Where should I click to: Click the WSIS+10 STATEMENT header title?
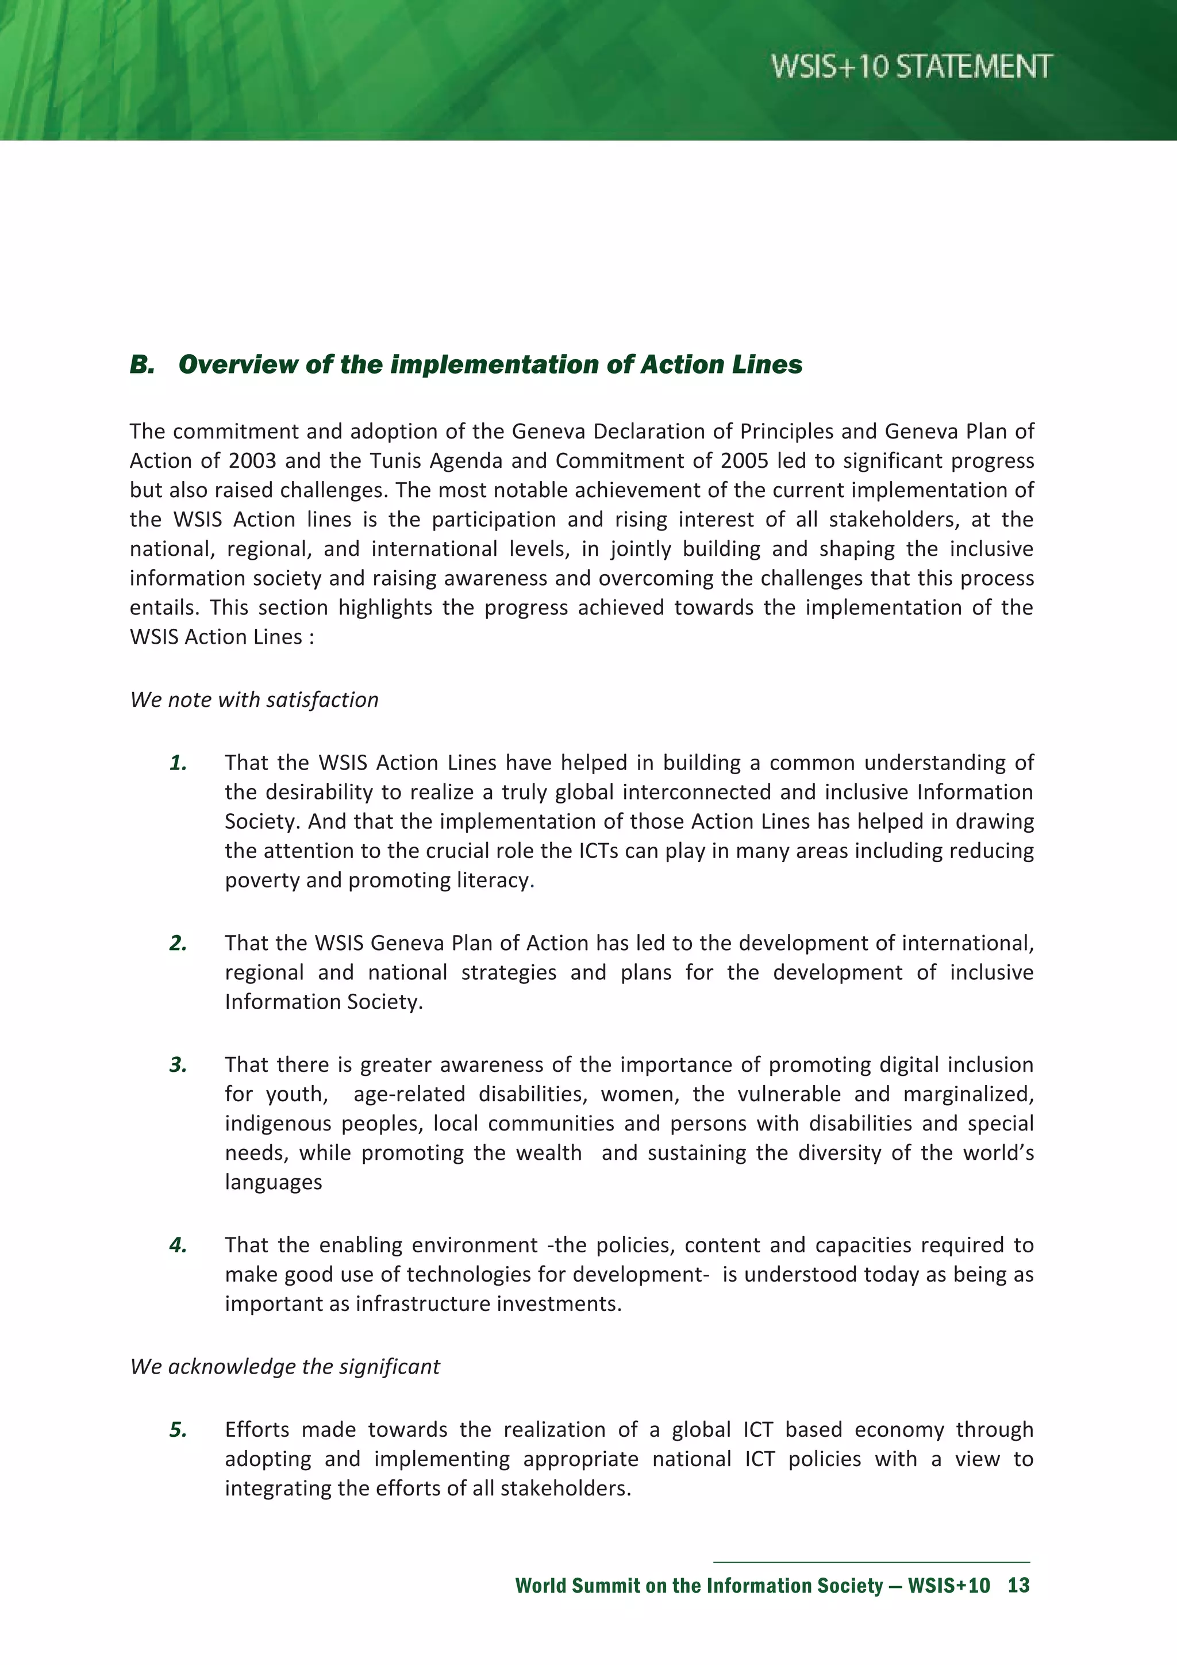[911, 67]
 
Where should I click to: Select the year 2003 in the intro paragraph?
[252, 461]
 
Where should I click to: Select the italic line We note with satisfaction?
[254, 700]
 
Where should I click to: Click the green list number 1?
[178, 763]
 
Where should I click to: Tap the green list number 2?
[178, 944]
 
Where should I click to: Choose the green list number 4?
[178, 1245]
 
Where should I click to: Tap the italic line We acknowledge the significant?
[285, 1367]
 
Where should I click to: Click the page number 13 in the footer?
[1018, 1585]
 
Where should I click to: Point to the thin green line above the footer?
[870, 1562]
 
